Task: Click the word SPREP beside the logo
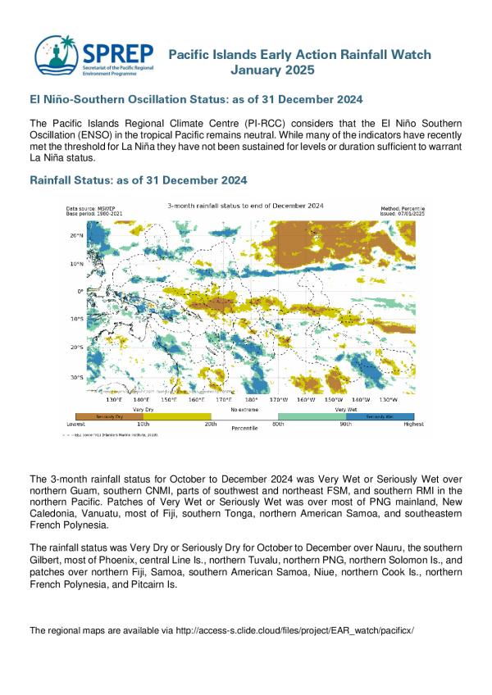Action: click(117, 52)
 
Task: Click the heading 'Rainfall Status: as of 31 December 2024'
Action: click(138, 179)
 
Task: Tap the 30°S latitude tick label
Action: click(75, 378)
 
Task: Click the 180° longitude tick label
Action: click(251, 400)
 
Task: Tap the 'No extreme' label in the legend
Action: click(244, 408)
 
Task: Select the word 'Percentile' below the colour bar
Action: click(244, 428)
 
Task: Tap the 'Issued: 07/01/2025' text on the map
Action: click(405, 214)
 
